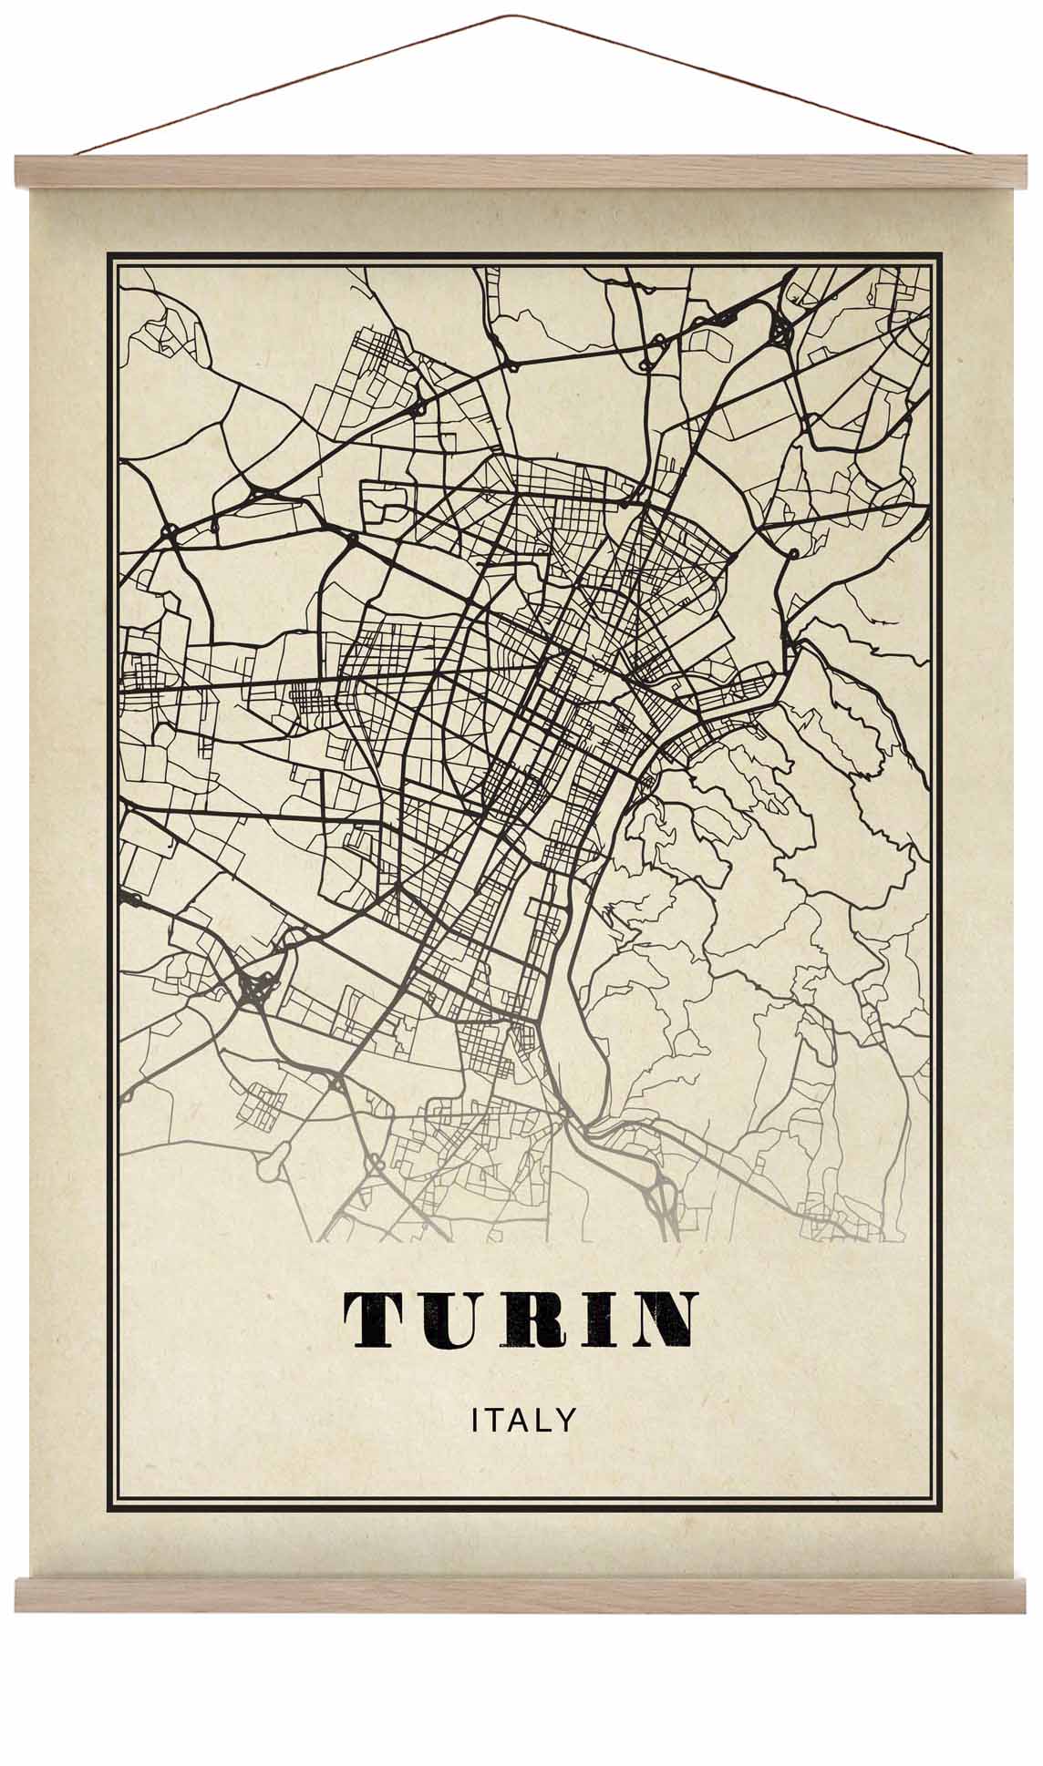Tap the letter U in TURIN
(445, 1320)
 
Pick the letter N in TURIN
(664, 1320)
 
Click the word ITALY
(524, 1420)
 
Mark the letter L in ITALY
(545, 1420)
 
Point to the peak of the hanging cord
(517, 15)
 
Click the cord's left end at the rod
(78, 155)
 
